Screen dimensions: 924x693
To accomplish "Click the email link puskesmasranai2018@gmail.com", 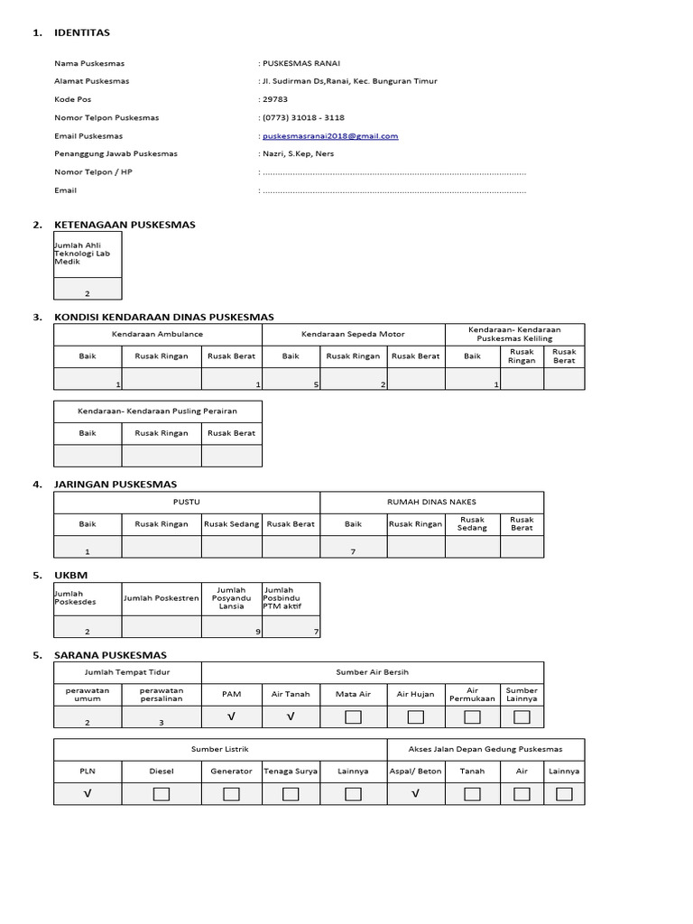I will pos(330,136).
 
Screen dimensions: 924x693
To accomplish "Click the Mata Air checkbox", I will pos(353,717).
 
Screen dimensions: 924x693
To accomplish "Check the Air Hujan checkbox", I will pos(415,717).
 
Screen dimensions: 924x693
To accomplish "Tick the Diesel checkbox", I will pos(162,794).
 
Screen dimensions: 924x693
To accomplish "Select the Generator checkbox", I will pos(231,794).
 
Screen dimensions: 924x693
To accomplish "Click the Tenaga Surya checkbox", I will pos(291,794).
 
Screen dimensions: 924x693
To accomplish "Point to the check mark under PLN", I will pos(88,794).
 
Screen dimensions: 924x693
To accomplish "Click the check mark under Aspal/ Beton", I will pos(415,794).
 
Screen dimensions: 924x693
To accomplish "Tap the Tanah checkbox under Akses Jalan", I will pos(472,794).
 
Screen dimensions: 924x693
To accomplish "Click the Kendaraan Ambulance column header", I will pos(158,334).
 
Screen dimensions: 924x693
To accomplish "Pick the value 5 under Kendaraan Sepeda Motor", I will pos(316,384).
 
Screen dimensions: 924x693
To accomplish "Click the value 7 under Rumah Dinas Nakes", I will pos(353,550).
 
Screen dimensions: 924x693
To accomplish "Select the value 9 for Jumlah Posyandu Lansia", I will pos(257,632).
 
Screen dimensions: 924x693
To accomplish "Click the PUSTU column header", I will pos(187,502).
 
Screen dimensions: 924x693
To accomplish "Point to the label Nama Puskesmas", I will pos(89,63).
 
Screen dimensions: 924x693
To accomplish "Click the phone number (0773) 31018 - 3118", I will pos(303,117).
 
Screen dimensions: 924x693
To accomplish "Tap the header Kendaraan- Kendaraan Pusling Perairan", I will pos(158,411).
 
